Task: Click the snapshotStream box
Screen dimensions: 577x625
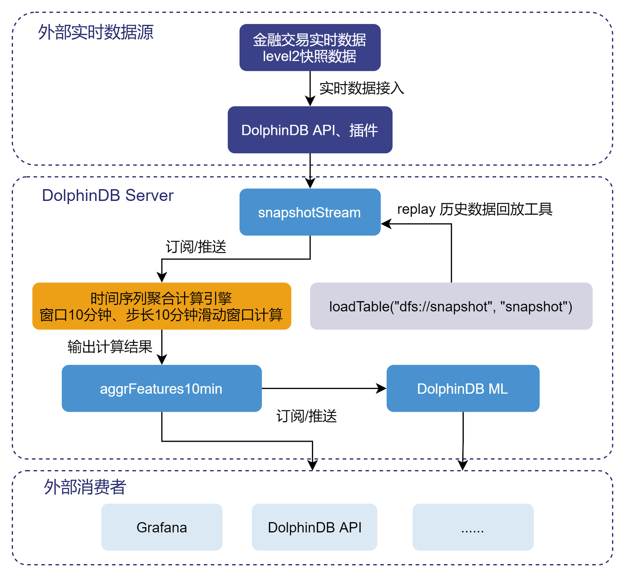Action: point(310,212)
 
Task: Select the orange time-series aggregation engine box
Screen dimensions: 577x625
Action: point(162,306)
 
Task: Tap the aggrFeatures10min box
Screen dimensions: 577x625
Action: point(162,388)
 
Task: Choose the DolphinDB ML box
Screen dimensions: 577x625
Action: point(463,388)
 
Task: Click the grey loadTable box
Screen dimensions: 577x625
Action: point(451,306)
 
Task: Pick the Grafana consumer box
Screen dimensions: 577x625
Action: point(162,527)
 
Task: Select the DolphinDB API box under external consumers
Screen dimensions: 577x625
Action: point(315,527)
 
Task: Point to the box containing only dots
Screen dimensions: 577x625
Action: point(473,527)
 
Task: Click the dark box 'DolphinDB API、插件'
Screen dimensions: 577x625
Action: point(310,130)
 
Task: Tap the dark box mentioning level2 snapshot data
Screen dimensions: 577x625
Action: point(310,48)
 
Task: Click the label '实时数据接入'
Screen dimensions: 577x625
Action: point(361,88)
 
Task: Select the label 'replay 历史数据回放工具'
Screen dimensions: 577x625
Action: point(474,209)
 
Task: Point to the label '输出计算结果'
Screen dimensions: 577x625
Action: point(110,347)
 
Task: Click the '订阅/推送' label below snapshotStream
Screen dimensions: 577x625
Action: point(196,247)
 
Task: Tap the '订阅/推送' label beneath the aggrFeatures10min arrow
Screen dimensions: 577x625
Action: point(306,416)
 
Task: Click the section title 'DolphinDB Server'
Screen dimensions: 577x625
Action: point(107,195)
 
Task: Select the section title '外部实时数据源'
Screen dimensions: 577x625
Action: point(96,32)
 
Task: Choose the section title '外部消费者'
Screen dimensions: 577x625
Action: point(85,487)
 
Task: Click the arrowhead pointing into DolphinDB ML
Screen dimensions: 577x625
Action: point(382,388)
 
